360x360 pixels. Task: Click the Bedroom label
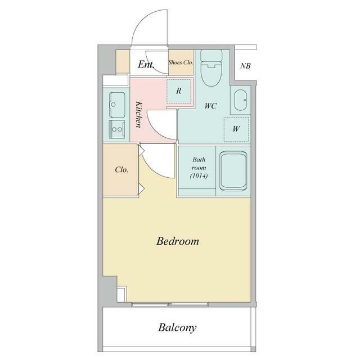(x=178, y=241)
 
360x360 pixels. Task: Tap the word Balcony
(x=177, y=327)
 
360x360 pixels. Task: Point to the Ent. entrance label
(x=146, y=65)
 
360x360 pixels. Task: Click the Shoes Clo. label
(x=181, y=62)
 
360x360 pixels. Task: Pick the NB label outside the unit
(x=245, y=66)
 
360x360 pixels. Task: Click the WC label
(x=210, y=106)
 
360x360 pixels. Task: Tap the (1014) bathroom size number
(x=199, y=176)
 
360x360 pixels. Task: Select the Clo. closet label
(x=121, y=170)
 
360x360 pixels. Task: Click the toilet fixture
(x=211, y=68)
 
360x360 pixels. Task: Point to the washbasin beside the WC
(x=240, y=100)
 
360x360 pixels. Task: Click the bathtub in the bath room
(x=233, y=171)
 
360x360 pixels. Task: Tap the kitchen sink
(x=117, y=105)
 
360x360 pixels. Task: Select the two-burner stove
(x=117, y=129)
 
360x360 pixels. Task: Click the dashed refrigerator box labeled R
(x=179, y=91)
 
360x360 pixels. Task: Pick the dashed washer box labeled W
(x=236, y=129)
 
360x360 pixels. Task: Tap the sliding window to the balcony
(x=170, y=304)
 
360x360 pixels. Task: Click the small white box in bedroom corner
(x=121, y=294)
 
